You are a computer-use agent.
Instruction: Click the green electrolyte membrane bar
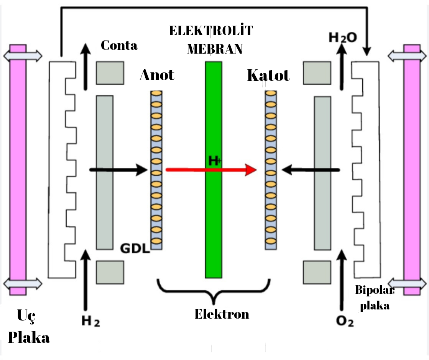(x=213, y=214)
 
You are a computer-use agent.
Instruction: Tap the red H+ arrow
(x=230, y=170)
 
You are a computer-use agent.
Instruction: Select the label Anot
(x=157, y=75)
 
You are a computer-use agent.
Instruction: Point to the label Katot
(x=268, y=75)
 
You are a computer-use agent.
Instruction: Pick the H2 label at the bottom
(x=91, y=321)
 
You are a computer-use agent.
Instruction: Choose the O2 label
(x=345, y=321)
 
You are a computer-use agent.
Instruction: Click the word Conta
(x=119, y=46)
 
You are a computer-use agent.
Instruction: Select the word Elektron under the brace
(x=222, y=314)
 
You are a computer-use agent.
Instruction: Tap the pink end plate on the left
(x=18, y=169)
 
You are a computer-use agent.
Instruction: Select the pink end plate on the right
(x=412, y=169)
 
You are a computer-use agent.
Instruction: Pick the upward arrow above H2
(x=85, y=280)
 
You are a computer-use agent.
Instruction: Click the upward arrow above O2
(x=340, y=280)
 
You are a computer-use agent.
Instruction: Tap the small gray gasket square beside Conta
(x=110, y=73)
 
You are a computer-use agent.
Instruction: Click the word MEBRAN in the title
(x=215, y=49)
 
